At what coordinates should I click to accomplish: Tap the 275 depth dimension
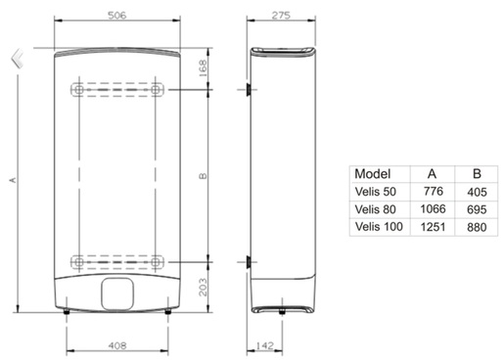283,17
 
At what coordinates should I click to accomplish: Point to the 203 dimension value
204,287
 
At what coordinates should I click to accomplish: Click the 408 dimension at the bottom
117,344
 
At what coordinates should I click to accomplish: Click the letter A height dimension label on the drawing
12,178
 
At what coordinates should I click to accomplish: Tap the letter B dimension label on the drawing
203,176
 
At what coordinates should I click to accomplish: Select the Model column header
373,172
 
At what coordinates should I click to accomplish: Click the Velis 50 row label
376,191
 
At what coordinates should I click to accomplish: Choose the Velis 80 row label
376,208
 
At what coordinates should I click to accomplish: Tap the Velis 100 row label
379,227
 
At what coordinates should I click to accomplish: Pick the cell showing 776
432,191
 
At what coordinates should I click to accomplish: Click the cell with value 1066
432,208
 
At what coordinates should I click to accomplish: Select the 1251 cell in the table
432,227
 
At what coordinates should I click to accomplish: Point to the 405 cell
477,191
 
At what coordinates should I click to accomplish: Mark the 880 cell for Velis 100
477,227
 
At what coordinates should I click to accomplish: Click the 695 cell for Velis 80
477,208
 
